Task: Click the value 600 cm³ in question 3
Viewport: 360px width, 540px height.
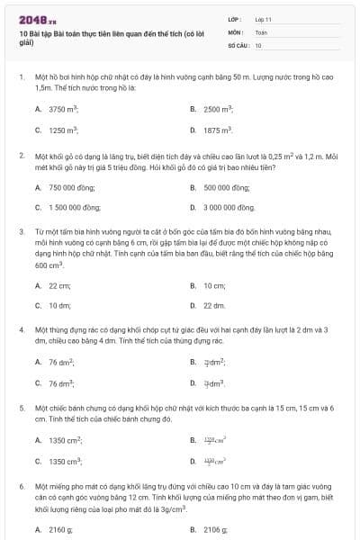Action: (x=49, y=266)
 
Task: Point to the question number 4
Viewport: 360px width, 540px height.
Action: (x=21, y=330)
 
